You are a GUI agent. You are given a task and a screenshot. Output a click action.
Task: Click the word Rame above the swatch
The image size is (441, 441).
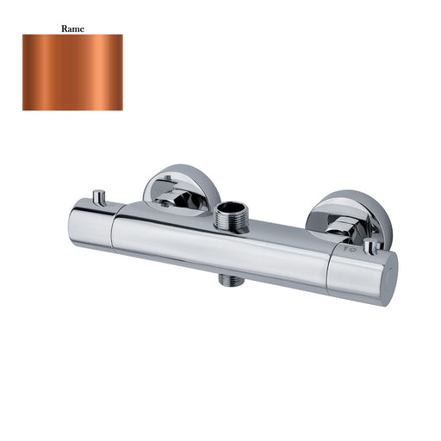[72, 28]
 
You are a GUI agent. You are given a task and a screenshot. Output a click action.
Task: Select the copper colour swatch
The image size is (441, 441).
[72, 72]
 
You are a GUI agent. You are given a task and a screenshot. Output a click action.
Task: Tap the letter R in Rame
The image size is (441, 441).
[64, 28]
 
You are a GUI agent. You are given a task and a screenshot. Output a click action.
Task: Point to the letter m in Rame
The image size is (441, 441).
[76, 28]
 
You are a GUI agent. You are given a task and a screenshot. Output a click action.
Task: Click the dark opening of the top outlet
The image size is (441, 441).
[231, 208]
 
